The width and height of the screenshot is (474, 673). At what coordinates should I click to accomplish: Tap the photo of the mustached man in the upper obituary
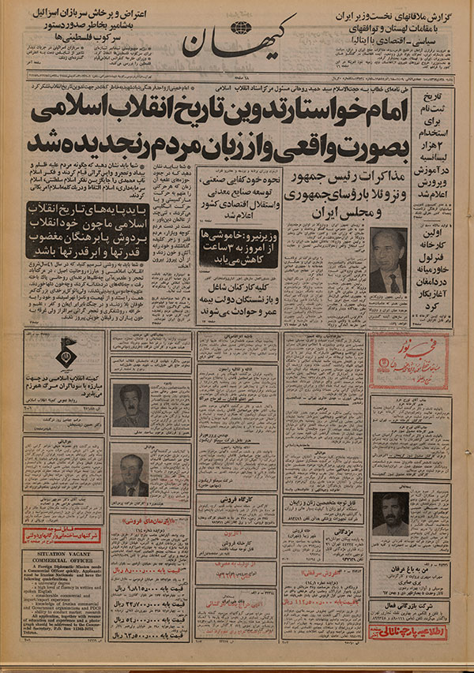pos(130,405)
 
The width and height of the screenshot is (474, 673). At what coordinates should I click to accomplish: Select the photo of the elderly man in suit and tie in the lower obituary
pos(130,474)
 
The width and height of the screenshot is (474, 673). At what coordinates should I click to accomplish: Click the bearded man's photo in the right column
pos(390,514)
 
